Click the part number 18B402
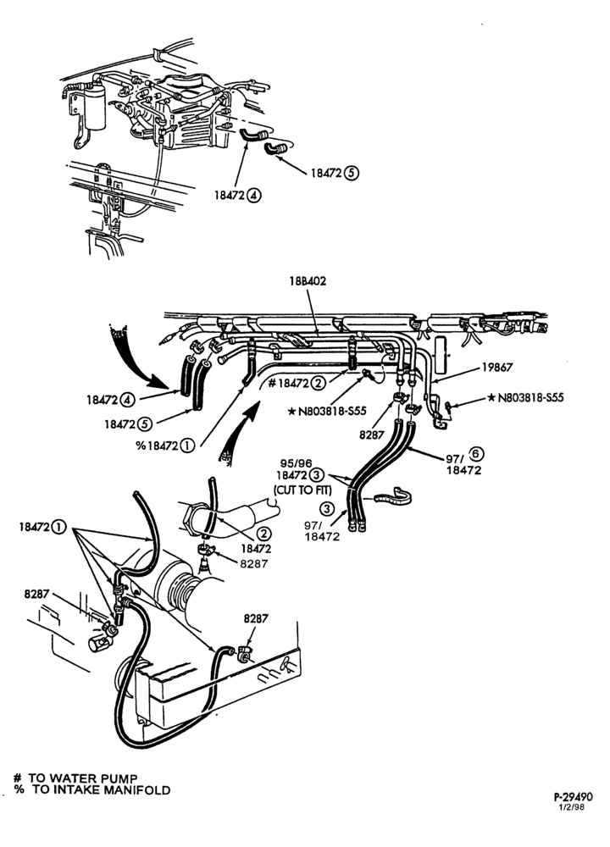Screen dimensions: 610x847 308,281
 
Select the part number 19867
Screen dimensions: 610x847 497,368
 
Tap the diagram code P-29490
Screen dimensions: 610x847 573,797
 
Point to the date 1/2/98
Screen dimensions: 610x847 573,807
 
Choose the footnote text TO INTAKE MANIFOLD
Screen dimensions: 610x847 101,790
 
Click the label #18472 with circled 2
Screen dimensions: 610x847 296,384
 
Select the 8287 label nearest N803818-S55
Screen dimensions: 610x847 371,434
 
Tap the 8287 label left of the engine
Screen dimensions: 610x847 36,594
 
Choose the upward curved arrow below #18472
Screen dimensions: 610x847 241,432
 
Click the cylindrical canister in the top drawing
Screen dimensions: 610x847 95,106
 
